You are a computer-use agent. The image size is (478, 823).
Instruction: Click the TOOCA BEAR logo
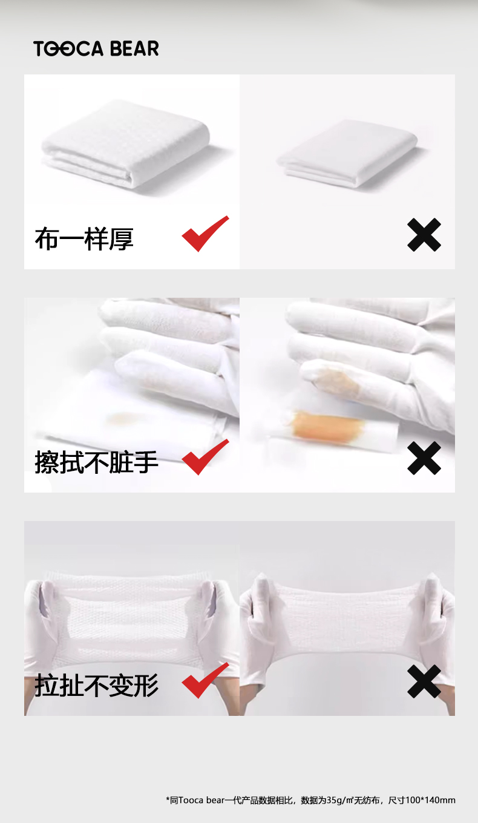pos(96,48)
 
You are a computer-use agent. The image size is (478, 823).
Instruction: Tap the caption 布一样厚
pos(84,239)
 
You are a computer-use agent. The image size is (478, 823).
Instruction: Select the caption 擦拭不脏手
pos(96,462)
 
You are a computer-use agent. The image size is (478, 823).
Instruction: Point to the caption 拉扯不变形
pos(96,685)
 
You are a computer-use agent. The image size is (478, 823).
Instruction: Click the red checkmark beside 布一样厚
pos(205,234)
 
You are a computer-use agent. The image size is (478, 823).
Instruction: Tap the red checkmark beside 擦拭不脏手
pos(205,457)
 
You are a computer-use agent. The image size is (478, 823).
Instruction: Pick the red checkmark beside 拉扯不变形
pos(205,680)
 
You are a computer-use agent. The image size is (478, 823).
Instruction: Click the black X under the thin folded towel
pos(424,235)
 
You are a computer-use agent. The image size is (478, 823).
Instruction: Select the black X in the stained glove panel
pos(424,458)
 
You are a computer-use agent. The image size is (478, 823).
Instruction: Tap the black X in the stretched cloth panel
pos(424,681)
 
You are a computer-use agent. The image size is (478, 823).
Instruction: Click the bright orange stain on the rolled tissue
pos(325,424)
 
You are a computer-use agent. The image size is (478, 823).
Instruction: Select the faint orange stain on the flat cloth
pos(124,418)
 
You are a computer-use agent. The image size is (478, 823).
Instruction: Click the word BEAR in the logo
pos(134,48)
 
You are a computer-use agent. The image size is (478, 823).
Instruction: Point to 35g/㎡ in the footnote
pos(340,800)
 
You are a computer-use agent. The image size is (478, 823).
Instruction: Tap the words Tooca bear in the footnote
pos(201,800)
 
